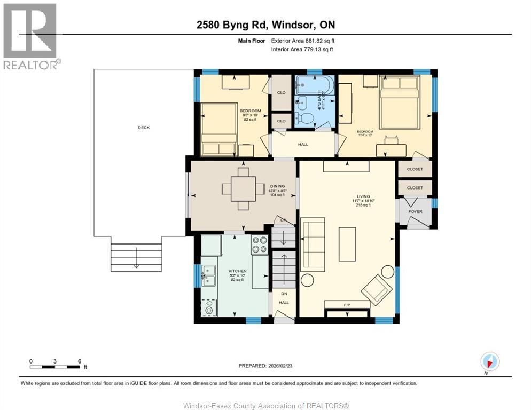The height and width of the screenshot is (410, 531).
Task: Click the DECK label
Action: (x=144, y=128)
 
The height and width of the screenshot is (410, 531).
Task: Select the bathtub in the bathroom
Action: (x=315, y=85)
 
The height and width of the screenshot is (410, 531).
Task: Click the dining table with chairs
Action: (x=243, y=188)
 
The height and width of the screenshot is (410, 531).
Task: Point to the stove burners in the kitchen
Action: (x=260, y=245)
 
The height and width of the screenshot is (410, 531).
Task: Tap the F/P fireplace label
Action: (x=347, y=304)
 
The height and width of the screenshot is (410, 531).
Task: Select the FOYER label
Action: (x=415, y=212)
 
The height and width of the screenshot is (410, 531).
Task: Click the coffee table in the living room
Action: (x=347, y=244)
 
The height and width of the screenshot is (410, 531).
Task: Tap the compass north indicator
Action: (x=489, y=361)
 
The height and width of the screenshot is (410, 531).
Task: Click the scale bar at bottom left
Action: (x=56, y=367)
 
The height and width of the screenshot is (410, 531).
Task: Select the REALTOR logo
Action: (x=31, y=36)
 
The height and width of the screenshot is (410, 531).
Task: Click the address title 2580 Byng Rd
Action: (x=265, y=25)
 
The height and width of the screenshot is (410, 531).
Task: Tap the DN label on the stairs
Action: (x=284, y=294)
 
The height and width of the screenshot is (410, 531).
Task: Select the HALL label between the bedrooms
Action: (x=302, y=144)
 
